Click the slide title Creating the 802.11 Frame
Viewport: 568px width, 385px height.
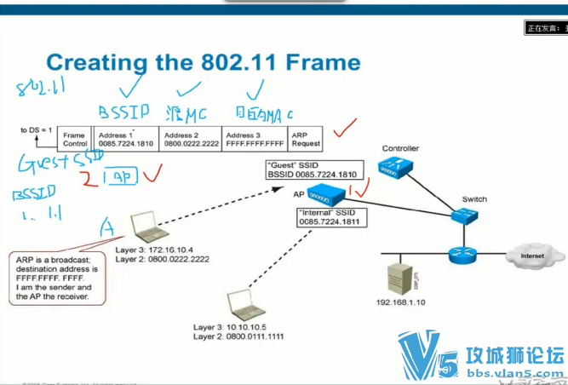pos(203,63)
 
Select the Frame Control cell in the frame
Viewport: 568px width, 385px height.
pos(74,139)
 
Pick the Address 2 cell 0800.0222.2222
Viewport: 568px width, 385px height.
pos(191,139)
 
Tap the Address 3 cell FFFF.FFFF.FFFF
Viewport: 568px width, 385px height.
pos(254,139)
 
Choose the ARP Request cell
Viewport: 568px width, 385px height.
pos(306,139)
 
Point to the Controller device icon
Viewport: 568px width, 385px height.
pos(399,169)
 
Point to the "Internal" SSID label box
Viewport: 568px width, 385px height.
pos(331,217)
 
